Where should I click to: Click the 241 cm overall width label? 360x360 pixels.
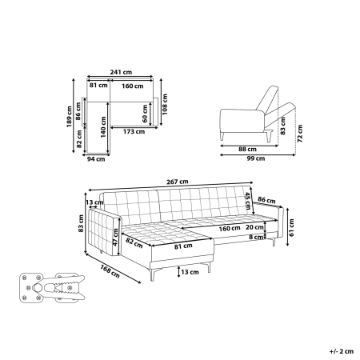pos(121,72)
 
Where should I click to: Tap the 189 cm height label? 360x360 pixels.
pos(70,118)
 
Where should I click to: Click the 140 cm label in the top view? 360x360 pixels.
pos(104,131)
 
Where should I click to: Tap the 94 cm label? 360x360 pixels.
pos(98,160)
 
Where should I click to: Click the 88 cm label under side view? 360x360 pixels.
pos(247,149)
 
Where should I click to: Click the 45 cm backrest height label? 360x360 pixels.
pos(248,201)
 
